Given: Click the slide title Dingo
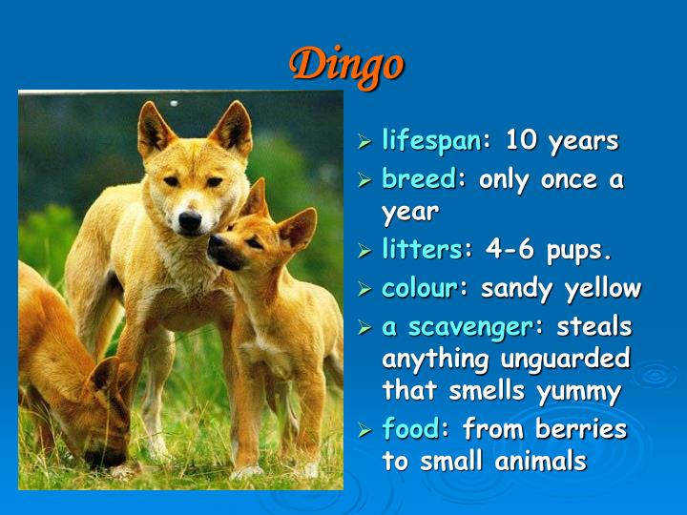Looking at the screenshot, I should tap(346, 64).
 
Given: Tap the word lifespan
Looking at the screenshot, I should tap(431, 141).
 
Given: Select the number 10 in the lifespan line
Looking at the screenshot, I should tap(522, 141).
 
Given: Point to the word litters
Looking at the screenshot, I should tap(422, 251).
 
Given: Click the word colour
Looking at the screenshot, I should tap(419, 288).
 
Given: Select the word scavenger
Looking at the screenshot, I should tap(468, 327).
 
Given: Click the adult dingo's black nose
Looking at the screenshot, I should tap(190, 220).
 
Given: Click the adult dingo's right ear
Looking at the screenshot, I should tap(233, 126).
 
